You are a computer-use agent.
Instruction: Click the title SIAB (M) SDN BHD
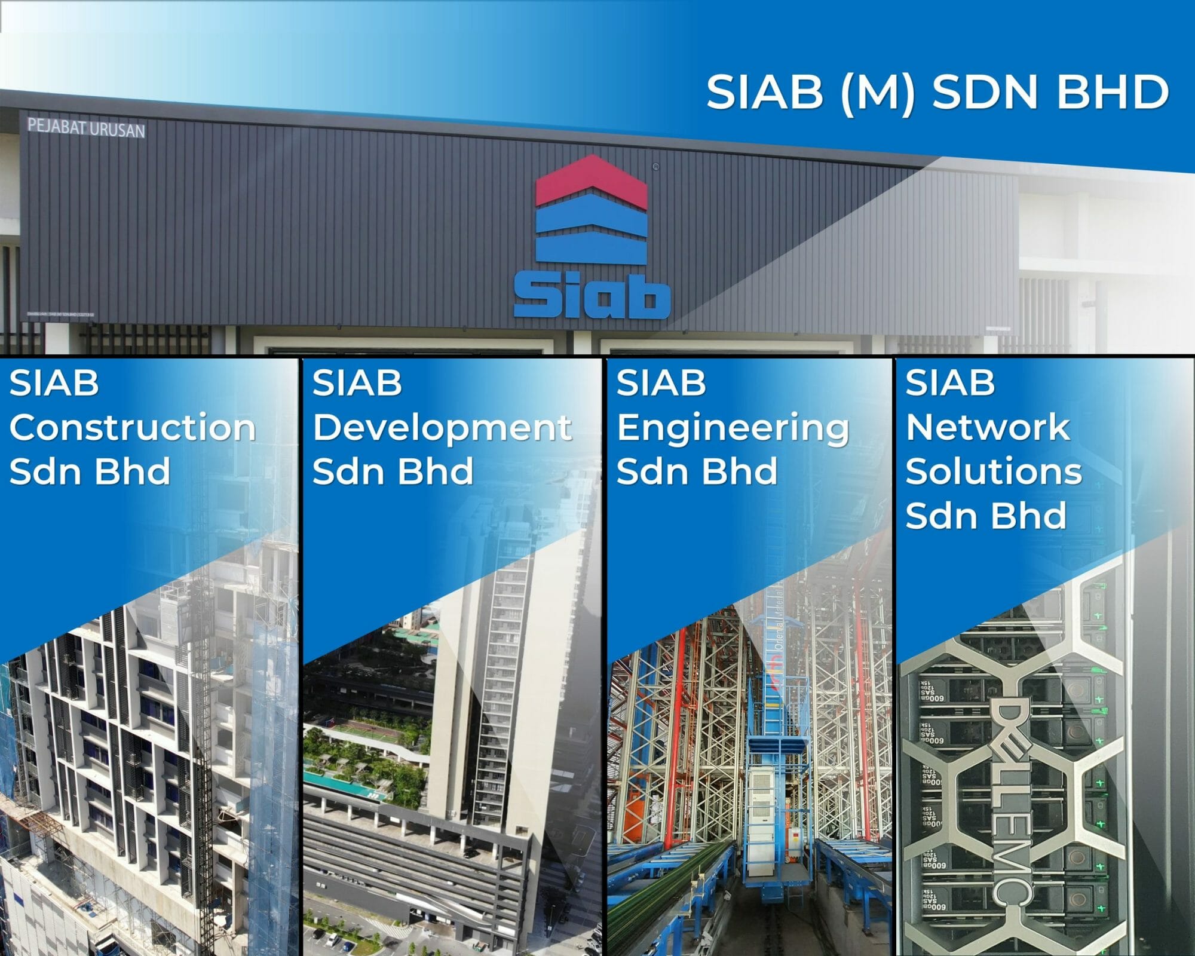click(937, 92)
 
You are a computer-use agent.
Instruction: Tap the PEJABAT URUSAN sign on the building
click(86, 128)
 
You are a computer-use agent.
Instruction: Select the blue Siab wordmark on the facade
click(592, 296)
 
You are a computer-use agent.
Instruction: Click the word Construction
click(133, 428)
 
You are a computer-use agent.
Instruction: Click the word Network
click(988, 428)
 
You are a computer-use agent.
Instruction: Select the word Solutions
click(994, 471)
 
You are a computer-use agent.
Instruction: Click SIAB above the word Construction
click(54, 383)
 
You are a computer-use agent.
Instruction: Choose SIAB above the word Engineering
click(661, 383)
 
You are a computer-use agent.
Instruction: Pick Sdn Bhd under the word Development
click(393, 471)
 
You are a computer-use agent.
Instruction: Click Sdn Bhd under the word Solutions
click(986, 516)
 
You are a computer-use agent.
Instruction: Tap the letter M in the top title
click(878, 93)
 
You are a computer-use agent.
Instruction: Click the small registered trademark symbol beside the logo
click(655, 167)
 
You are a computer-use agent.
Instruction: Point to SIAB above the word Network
click(950, 383)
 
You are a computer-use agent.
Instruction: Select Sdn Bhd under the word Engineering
click(697, 471)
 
